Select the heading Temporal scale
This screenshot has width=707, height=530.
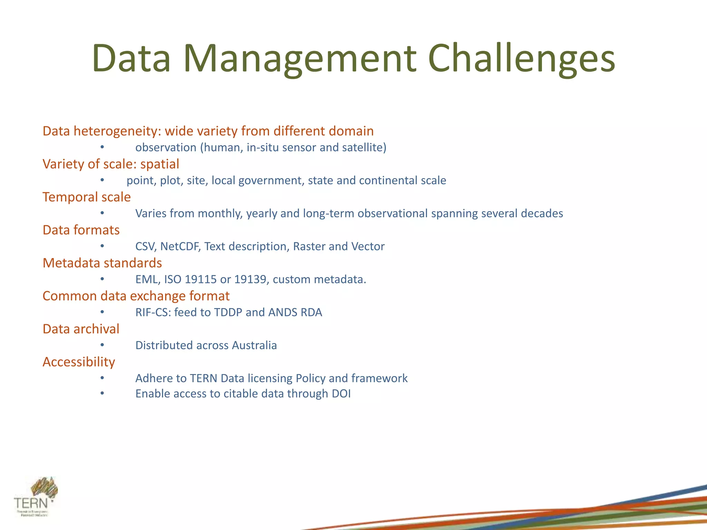pos(87,197)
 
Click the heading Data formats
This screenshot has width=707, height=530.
pos(81,230)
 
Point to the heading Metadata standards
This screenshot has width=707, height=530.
pos(102,263)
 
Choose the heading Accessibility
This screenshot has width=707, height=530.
pos(79,362)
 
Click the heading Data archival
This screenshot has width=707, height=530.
pos(81,329)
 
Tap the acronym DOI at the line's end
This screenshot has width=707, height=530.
pos(341,394)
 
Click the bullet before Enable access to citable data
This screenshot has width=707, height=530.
pos(102,393)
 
